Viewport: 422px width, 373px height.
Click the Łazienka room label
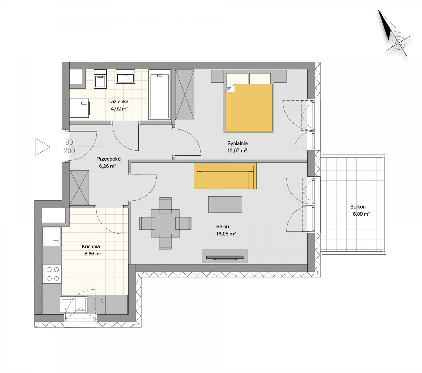pyautogui.click(x=118, y=102)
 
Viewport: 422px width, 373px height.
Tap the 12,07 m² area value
pyautogui.click(x=237, y=151)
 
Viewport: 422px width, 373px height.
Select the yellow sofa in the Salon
pyautogui.click(x=225, y=176)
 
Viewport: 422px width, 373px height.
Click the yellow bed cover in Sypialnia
pyautogui.click(x=249, y=108)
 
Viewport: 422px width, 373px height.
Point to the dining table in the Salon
pyautogui.click(x=165, y=223)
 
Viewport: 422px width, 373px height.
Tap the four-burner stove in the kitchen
pyautogui.click(x=52, y=274)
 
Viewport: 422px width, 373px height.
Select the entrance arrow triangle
pyautogui.click(x=43, y=147)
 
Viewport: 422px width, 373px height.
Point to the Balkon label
pyautogui.click(x=358, y=207)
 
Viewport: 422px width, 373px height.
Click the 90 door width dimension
pyautogui.click(x=69, y=142)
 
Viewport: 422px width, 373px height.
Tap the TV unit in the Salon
pyautogui.click(x=225, y=255)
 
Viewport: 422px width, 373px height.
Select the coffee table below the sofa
pyautogui.click(x=225, y=204)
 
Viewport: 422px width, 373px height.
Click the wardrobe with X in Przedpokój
pyautogui.click(x=79, y=188)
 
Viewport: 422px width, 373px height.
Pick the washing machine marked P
pyautogui.click(x=79, y=108)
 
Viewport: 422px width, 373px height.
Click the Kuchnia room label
pyautogui.click(x=91, y=247)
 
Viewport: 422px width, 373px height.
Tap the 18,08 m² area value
pyautogui.click(x=226, y=234)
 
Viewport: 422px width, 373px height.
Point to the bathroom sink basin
pyautogui.click(x=126, y=77)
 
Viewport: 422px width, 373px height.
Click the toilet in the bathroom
pyautogui.click(x=100, y=79)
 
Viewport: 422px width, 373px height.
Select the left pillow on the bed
pyautogui.click(x=237, y=78)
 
